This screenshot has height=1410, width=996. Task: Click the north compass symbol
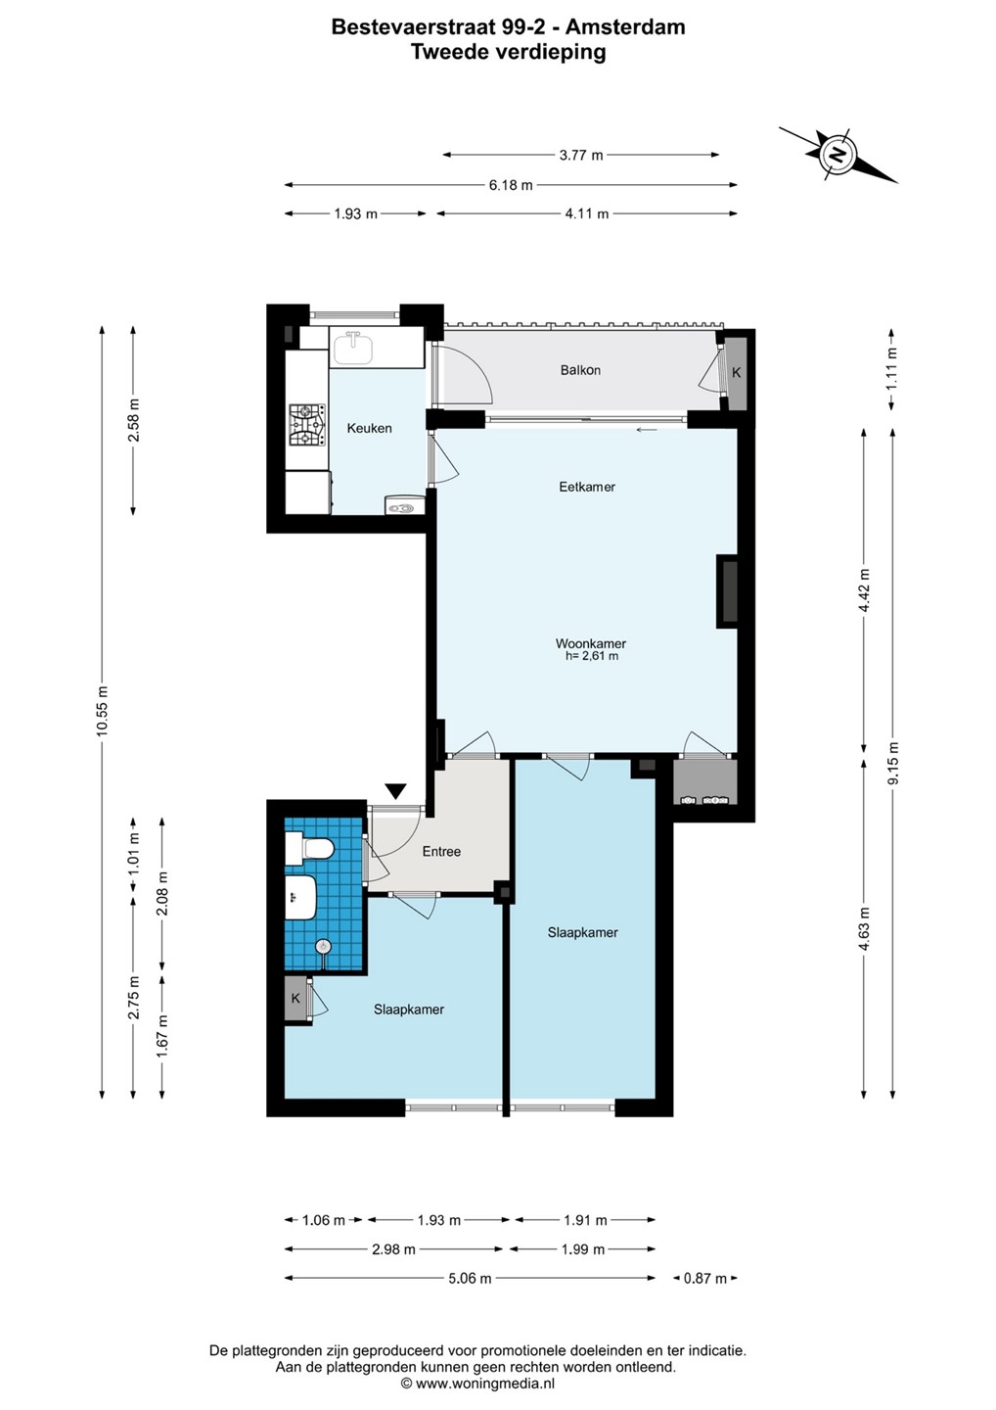[837, 155]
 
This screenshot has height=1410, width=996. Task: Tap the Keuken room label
[369, 428]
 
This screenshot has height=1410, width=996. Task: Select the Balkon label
[580, 370]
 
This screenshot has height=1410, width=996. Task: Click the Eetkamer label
[587, 487]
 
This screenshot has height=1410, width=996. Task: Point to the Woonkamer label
[590, 643]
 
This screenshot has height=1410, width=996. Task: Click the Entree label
[441, 851]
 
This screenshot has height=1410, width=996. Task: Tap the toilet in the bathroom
[309, 848]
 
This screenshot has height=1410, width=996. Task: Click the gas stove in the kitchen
[307, 425]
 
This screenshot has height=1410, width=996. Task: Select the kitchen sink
[353, 349]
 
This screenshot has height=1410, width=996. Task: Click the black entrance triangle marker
[396, 791]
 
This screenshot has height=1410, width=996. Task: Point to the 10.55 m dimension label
[103, 711]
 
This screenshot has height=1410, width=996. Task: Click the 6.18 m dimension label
[511, 185]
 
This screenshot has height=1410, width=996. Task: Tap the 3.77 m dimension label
[581, 155]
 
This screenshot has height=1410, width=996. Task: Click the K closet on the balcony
[736, 373]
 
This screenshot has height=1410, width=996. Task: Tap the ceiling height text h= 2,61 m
[592, 656]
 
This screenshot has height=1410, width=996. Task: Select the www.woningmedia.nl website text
[477, 1383]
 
